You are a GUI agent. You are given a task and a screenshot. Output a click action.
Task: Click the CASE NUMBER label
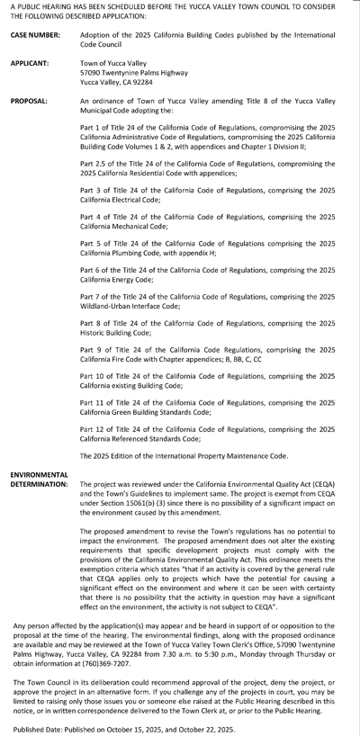coord(35,35)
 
